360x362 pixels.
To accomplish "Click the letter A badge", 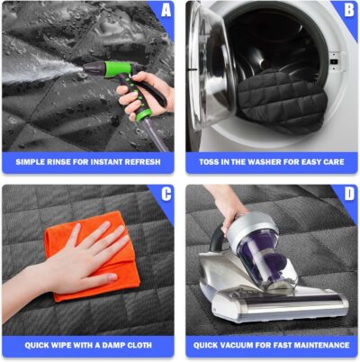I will pos(164,12).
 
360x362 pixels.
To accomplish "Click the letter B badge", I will pos(347,12).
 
